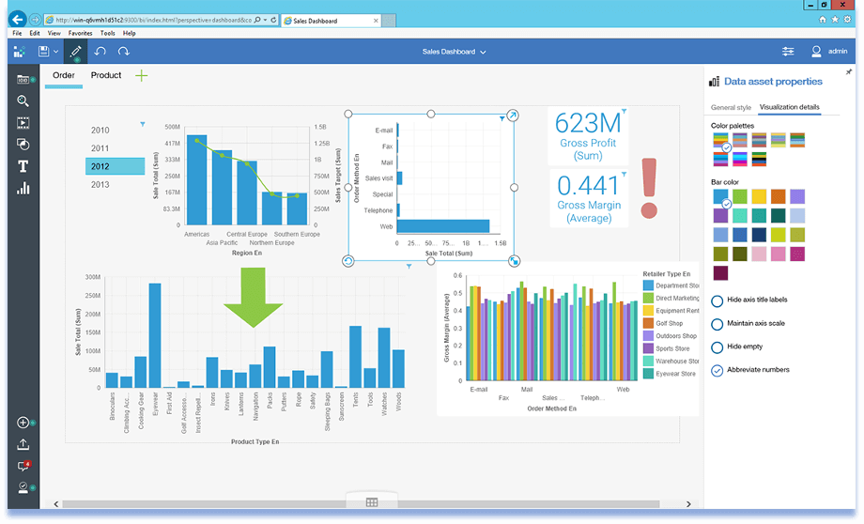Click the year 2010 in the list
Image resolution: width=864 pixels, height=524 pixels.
pyautogui.click(x=100, y=131)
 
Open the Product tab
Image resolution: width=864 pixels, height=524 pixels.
pyautogui.click(x=106, y=75)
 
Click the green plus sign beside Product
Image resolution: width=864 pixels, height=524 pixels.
pyautogui.click(x=142, y=75)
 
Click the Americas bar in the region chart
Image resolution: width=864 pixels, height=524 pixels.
pyautogui.click(x=197, y=181)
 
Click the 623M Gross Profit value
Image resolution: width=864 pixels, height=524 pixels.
pyautogui.click(x=588, y=124)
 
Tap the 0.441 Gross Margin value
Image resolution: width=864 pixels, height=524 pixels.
pyautogui.click(x=588, y=185)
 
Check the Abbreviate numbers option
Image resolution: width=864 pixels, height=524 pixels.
pyautogui.click(x=717, y=370)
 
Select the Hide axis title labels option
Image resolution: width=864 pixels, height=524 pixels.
pyautogui.click(x=717, y=301)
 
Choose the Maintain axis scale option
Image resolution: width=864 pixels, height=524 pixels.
pyautogui.click(x=717, y=324)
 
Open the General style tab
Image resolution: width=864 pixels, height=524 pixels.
pyautogui.click(x=731, y=108)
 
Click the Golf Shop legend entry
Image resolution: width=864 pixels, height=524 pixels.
pyautogui.click(x=671, y=323)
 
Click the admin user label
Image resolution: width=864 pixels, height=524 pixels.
pyautogui.click(x=838, y=52)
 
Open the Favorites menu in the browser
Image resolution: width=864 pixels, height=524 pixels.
pyautogui.click(x=80, y=33)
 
